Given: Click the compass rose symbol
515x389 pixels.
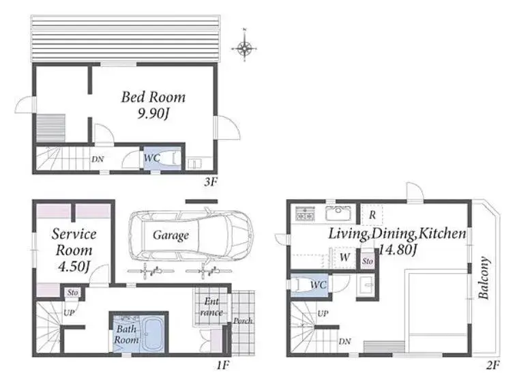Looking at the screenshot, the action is [244, 48].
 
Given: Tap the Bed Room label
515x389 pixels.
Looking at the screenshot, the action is [153, 97].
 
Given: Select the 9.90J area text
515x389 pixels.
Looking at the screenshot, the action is [153, 114].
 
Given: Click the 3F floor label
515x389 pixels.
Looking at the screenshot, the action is [210, 182].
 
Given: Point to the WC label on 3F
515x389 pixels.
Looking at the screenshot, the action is [152, 158].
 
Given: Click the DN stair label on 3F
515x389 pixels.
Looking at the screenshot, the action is [98, 159].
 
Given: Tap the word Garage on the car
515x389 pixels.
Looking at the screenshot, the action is [171, 235].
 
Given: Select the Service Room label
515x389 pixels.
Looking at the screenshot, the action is [74, 242].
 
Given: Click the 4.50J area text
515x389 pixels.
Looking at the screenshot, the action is [74, 266].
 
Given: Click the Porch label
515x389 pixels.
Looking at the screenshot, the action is [243, 321].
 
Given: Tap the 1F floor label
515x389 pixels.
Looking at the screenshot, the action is [222, 365].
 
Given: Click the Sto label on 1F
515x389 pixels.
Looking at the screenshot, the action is [72, 292].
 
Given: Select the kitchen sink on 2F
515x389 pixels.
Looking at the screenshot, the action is [338, 213].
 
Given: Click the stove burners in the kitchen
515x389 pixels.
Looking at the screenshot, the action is [305, 213].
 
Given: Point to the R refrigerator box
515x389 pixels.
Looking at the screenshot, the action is [372, 215].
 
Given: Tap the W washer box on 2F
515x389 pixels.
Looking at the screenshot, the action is [344, 257].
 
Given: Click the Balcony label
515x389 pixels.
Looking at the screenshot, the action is [484, 278].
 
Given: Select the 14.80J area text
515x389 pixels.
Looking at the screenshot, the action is [398, 250].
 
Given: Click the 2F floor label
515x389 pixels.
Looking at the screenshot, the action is [493, 365].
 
